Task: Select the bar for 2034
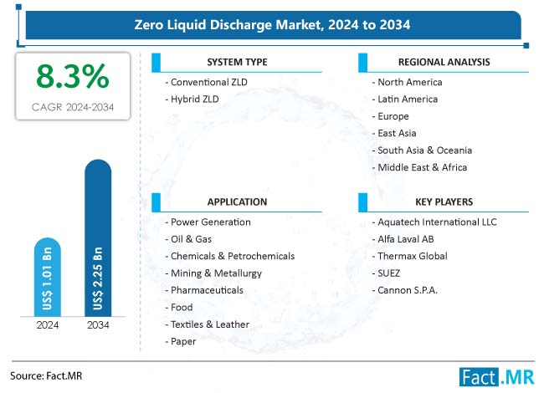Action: tap(98, 242)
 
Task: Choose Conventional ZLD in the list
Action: tap(208, 82)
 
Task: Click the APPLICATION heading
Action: tap(238, 202)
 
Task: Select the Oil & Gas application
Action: tap(192, 238)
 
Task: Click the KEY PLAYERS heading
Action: tap(444, 202)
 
